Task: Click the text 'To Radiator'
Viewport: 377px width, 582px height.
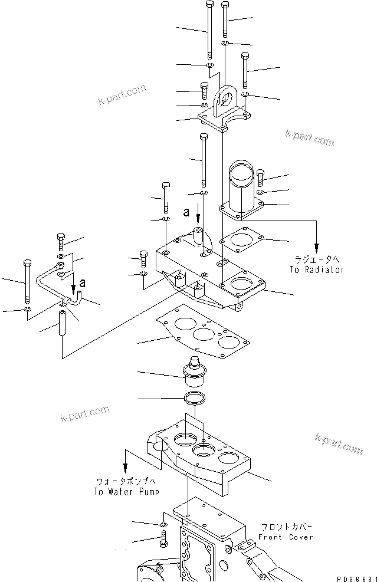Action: [316, 269]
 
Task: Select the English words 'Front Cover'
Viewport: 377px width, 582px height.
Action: [286, 537]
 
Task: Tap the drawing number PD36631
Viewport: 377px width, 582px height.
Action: [356, 576]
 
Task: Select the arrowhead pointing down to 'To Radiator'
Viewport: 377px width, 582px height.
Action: [316, 246]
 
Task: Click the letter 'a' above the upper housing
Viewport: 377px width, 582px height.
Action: [186, 209]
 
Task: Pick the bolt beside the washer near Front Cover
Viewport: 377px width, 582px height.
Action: [163, 538]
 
